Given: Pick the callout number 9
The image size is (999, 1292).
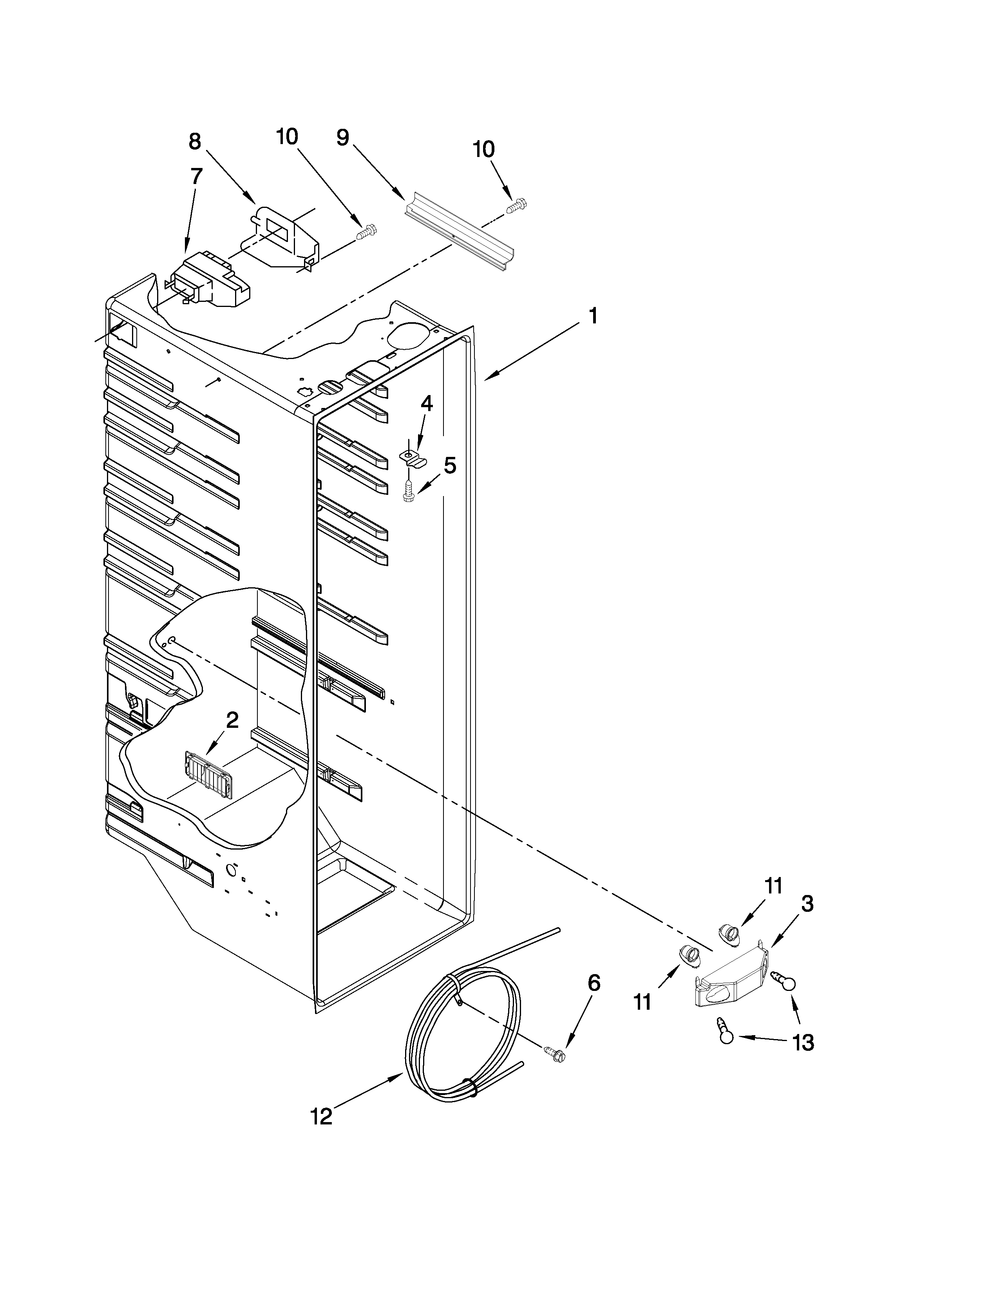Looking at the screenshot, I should click(343, 138).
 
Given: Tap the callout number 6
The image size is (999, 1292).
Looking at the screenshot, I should click(594, 983).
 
